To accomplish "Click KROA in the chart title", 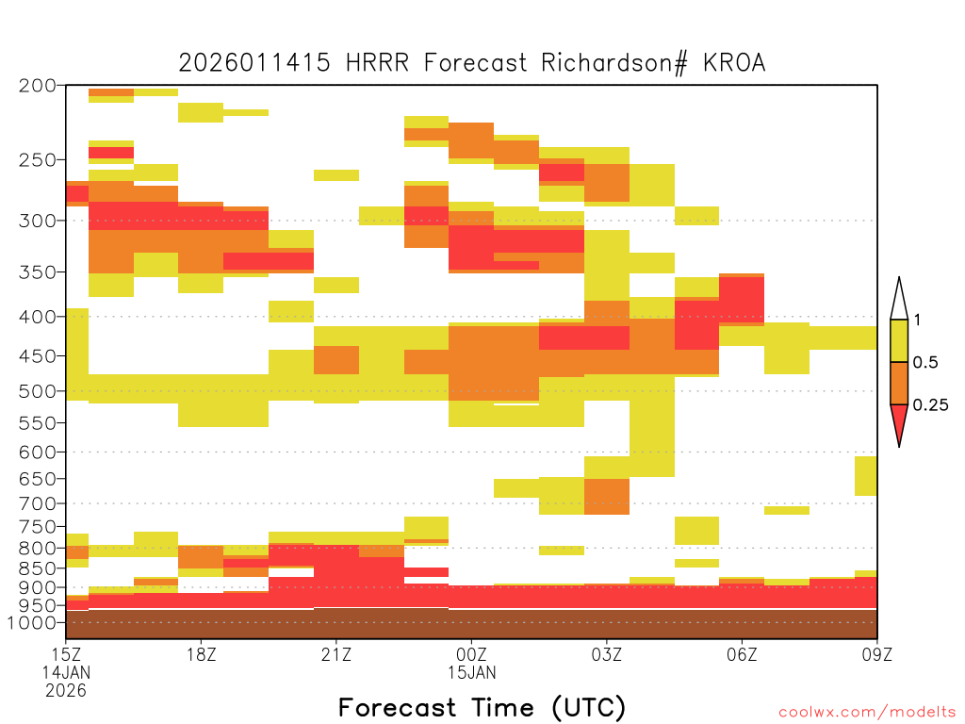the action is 734,63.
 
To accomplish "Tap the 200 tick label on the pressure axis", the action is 38,86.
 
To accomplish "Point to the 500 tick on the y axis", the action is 38,391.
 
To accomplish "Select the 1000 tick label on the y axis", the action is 31,622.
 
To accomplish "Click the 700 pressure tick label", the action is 38,503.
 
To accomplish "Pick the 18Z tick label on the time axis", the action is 202,654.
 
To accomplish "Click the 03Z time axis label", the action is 606,654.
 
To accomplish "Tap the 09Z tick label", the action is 876,654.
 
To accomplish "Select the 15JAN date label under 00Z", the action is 471,672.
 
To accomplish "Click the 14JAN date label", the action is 66,672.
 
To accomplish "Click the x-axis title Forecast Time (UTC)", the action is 482,707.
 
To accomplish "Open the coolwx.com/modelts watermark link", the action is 867,713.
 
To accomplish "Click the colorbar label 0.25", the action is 930,405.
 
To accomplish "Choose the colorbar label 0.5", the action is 925,362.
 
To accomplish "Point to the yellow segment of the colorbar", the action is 899,340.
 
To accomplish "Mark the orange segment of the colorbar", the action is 899,383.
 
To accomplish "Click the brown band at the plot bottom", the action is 471,624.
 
